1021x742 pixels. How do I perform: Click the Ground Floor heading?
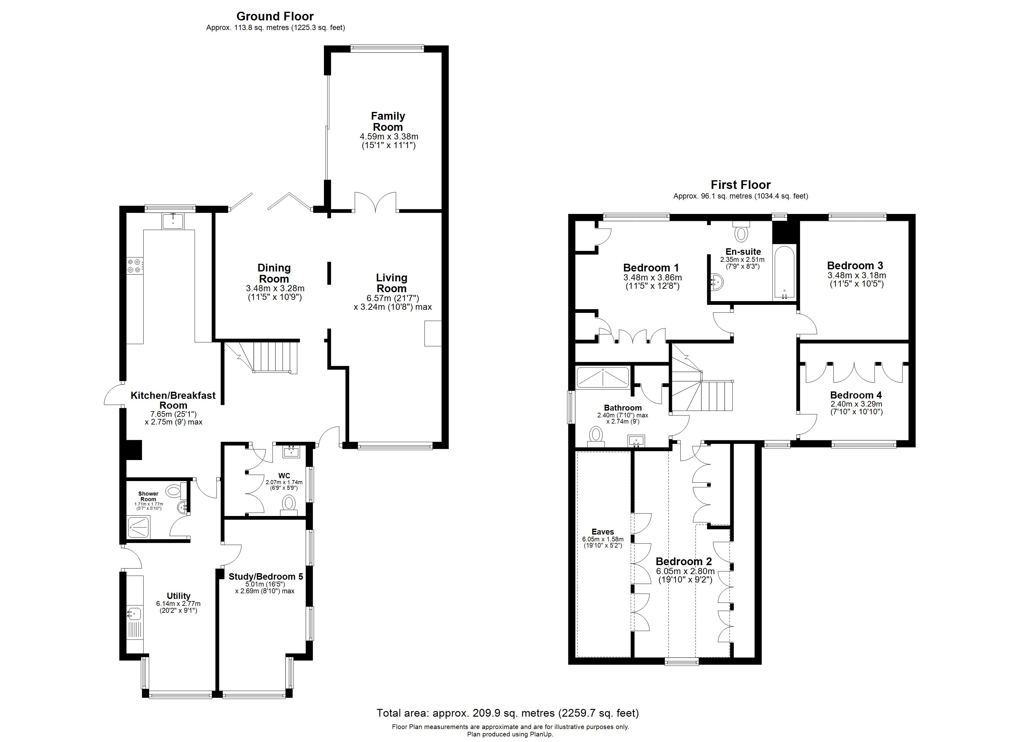click(275, 17)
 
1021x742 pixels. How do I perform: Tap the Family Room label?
click(388, 122)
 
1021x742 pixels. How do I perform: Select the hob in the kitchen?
click(135, 266)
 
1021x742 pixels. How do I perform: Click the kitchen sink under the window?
click(173, 221)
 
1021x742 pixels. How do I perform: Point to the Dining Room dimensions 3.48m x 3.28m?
click(275, 293)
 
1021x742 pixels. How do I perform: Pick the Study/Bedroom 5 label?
click(265, 576)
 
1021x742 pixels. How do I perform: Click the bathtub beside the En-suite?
click(784, 273)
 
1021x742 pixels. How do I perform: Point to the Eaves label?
click(602, 532)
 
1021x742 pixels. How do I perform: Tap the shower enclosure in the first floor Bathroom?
click(602, 377)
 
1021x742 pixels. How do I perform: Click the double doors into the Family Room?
click(375, 203)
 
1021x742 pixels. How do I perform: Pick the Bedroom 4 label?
click(855, 395)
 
